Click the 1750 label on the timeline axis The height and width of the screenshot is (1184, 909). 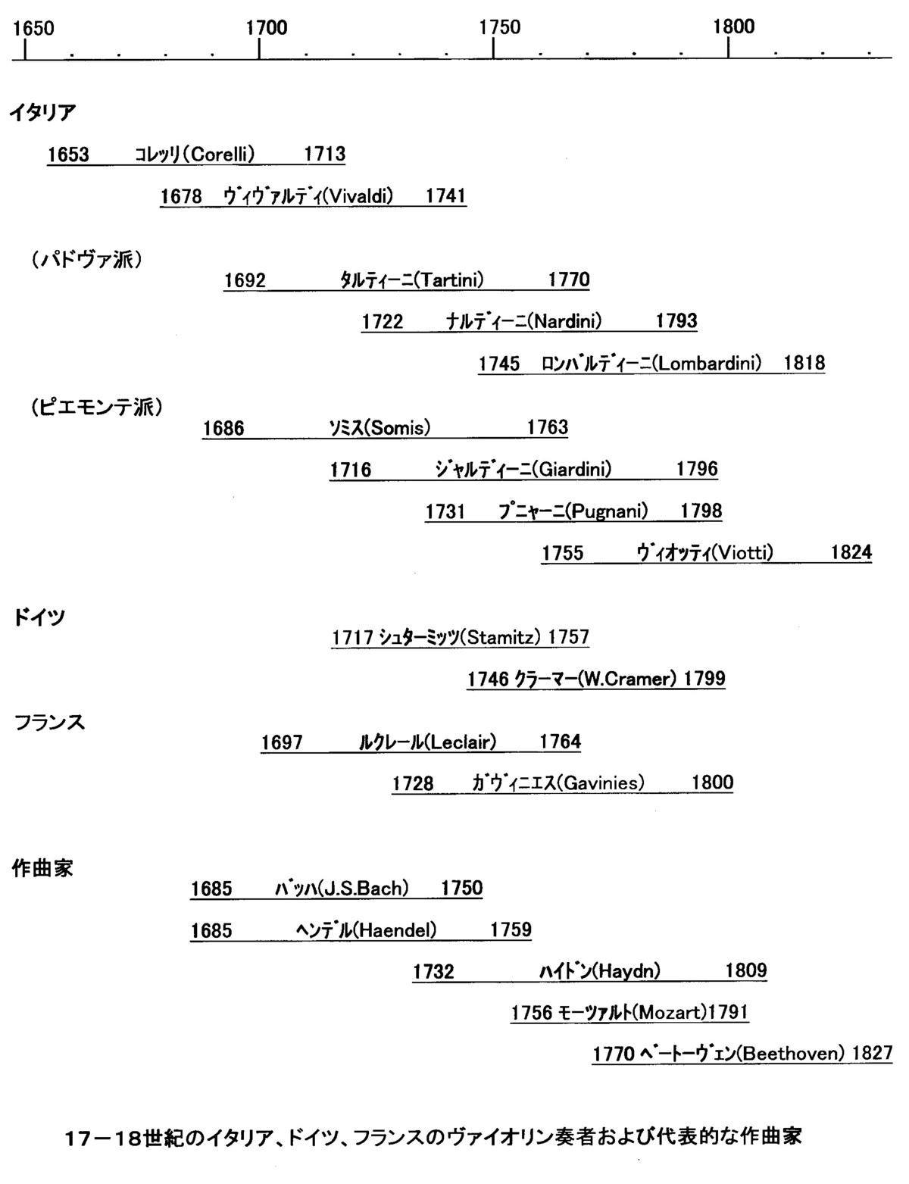pos(499,27)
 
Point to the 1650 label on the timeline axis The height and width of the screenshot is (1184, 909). pos(34,28)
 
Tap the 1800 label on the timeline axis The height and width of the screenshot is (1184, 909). pos(734,27)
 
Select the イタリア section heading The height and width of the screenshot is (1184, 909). pos(42,113)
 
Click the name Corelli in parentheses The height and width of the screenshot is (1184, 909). pos(223,155)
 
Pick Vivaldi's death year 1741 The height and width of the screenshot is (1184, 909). pos(445,195)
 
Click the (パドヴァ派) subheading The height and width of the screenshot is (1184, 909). pos(87,259)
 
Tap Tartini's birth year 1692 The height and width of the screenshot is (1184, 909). pos(245,280)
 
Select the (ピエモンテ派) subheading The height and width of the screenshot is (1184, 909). pos(97,407)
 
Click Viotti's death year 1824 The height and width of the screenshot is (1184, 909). pos(851,552)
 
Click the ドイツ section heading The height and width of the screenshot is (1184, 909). pos(39,617)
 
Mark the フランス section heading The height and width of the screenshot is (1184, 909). pos(49,723)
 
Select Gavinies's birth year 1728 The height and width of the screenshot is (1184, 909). pos(413,783)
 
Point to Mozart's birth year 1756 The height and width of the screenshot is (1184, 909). pos(532,1013)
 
